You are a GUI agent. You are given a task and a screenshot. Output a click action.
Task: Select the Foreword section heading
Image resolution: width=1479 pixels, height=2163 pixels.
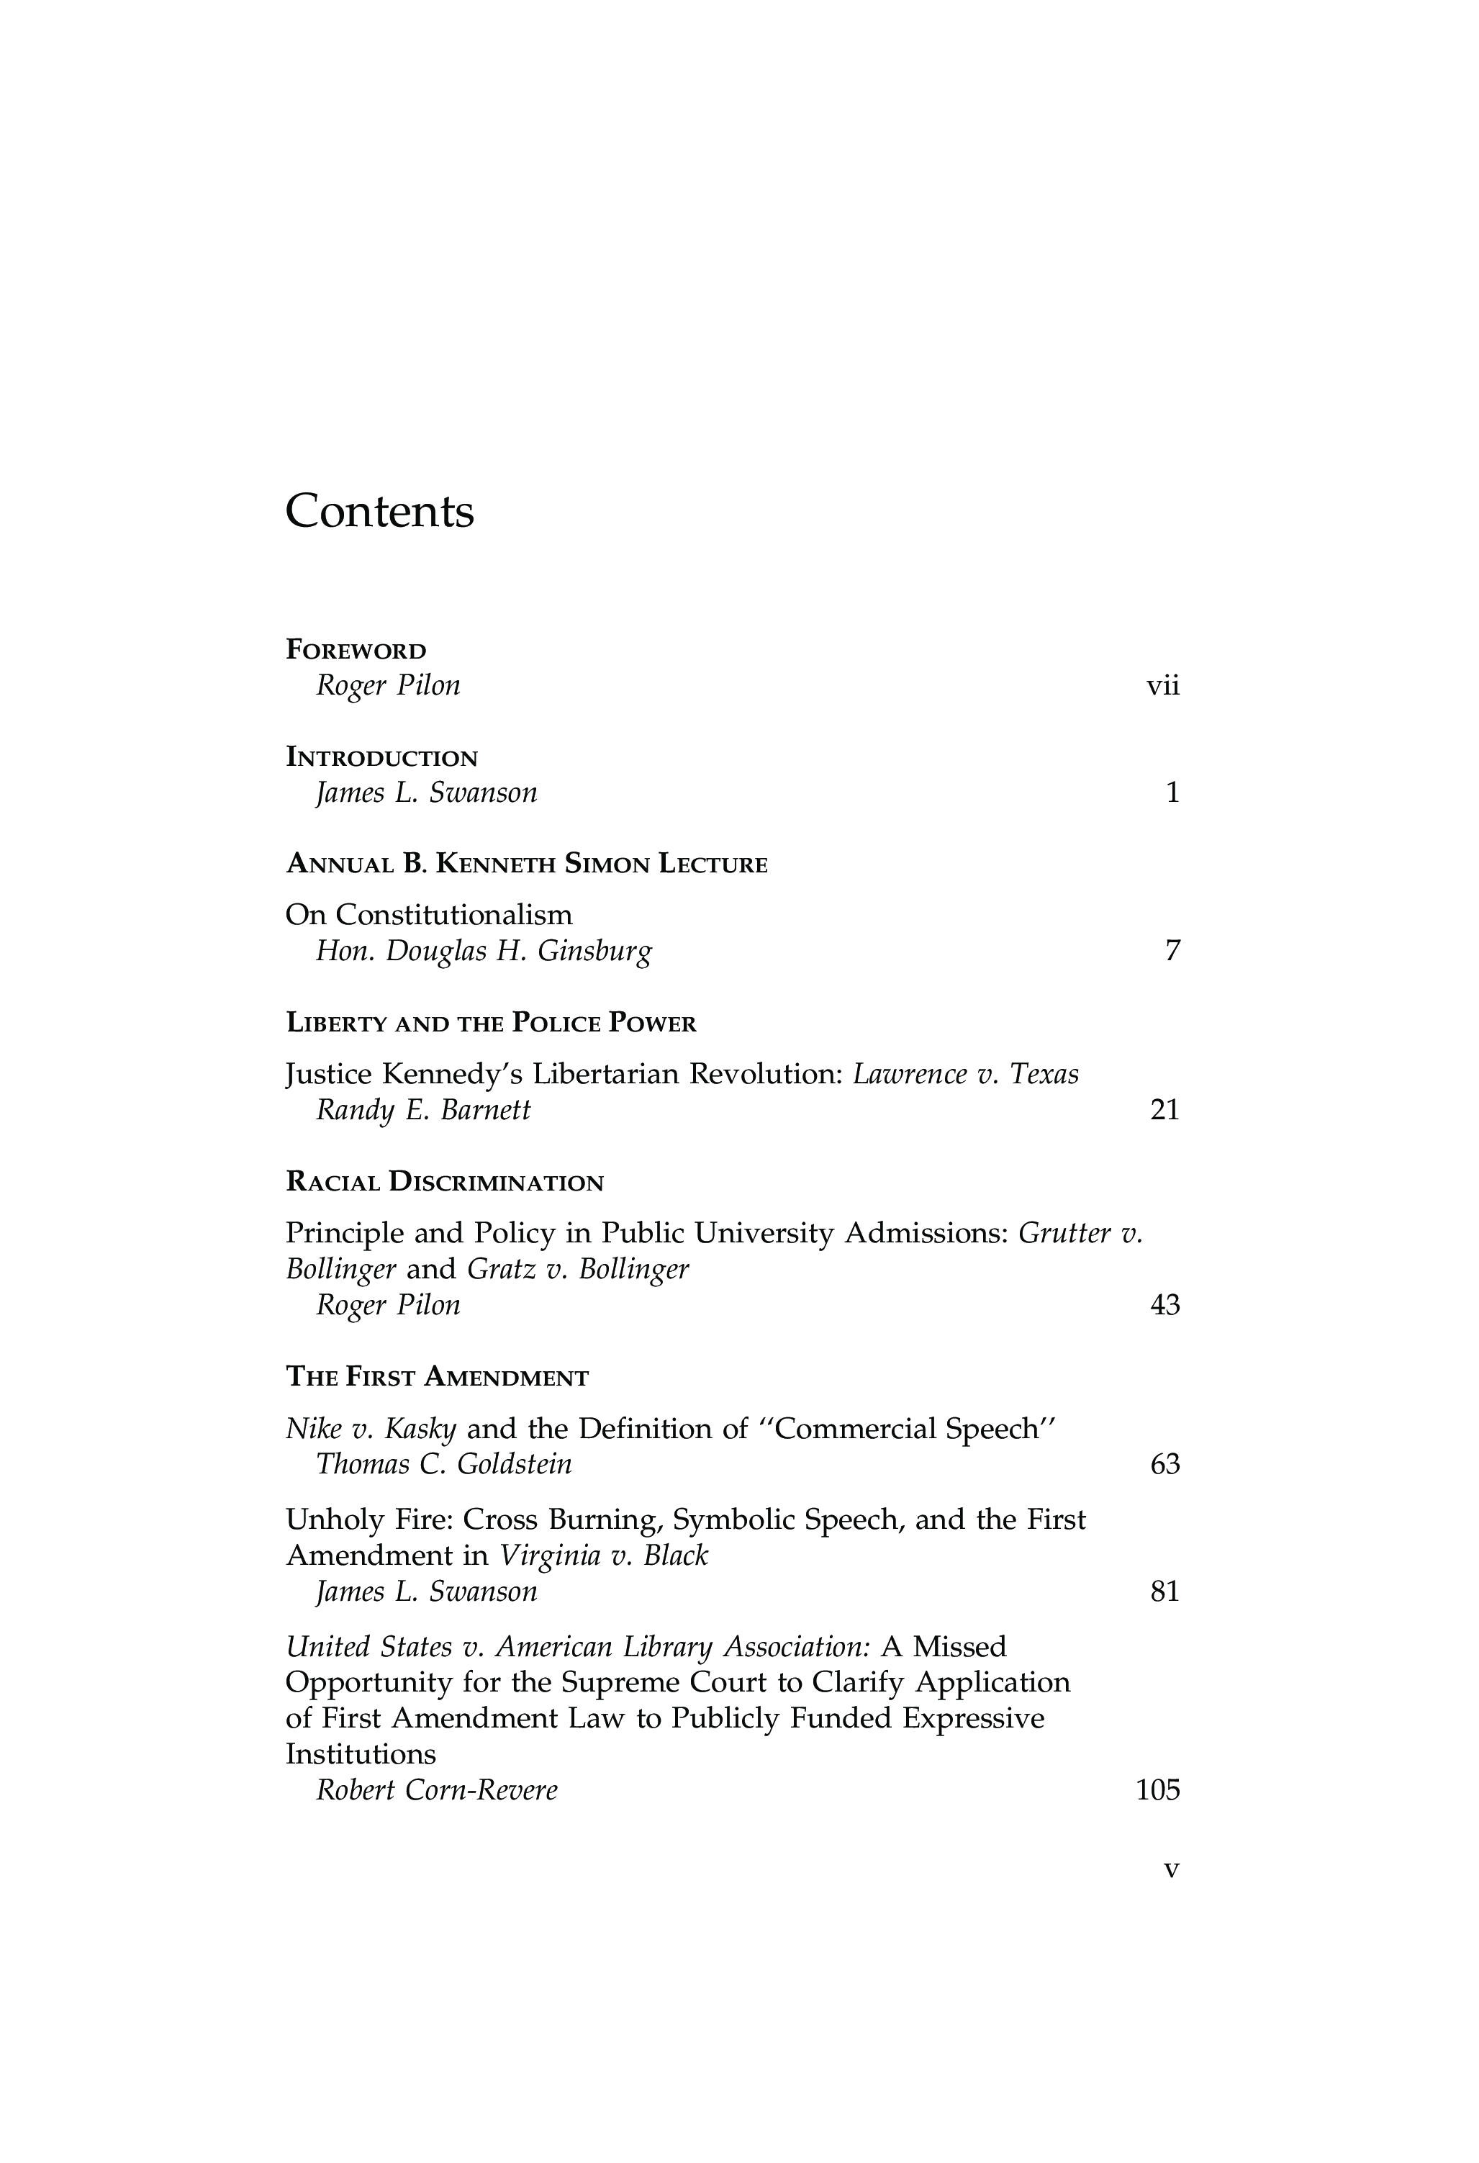pyautogui.click(x=356, y=650)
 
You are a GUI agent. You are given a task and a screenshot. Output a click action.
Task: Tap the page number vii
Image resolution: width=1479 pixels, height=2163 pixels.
pyautogui.click(x=1162, y=686)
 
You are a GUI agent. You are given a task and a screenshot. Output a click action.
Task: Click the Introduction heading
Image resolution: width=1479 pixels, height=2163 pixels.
pyautogui.click(x=381, y=758)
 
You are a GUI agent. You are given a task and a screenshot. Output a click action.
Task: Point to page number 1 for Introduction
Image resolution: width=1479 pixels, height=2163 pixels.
pyautogui.click(x=1172, y=793)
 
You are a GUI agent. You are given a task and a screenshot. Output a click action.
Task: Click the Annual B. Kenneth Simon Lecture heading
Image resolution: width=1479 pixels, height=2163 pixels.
pyautogui.click(x=526, y=864)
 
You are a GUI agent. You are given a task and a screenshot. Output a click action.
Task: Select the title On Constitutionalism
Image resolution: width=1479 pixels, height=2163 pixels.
pyautogui.click(x=428, y=915)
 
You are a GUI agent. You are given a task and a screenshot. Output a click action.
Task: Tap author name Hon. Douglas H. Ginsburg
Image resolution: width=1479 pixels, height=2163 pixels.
pyautogui.click(x=484, y=951)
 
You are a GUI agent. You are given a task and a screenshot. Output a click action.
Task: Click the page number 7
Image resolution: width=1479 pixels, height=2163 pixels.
pyautogui.click(x=1172, y=951)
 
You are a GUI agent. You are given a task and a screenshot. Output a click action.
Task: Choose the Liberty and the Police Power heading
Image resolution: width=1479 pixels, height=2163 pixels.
pyautogui.click(x=491, y=1024)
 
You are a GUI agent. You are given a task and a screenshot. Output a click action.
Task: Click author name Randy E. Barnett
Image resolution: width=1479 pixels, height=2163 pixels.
pyautogui.click(x=423, y=1111)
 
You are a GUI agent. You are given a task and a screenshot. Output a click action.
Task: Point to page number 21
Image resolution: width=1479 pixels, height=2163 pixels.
pyautogui.click(x=1164, y=1111)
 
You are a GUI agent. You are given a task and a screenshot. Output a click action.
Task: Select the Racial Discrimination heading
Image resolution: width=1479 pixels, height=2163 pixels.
pyautogui.click(x=444, y=1183)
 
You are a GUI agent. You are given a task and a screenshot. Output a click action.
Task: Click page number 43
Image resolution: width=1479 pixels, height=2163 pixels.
pyautogui.click(x=1164, y=1306)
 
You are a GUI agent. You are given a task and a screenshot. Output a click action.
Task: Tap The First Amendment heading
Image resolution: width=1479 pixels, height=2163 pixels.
pyautogui.click(x=437, y=1378)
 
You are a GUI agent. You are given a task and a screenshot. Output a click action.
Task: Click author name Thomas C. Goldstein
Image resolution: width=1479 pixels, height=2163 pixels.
pyautogui.click(x=444, y=1465)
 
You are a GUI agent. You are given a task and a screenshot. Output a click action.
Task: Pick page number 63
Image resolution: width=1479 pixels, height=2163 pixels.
pyautogui.click(x=1164, y=1465)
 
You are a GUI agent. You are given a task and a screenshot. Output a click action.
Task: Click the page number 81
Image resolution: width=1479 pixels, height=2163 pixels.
pyautogui.click(x=1164, y=1592)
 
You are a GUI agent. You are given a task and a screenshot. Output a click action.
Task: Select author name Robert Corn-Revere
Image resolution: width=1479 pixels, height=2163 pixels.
pyautogui.click(x=437, y=1791)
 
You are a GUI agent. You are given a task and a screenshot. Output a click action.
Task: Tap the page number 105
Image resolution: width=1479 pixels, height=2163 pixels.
pyautogui.click(x=1158, y=1791)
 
